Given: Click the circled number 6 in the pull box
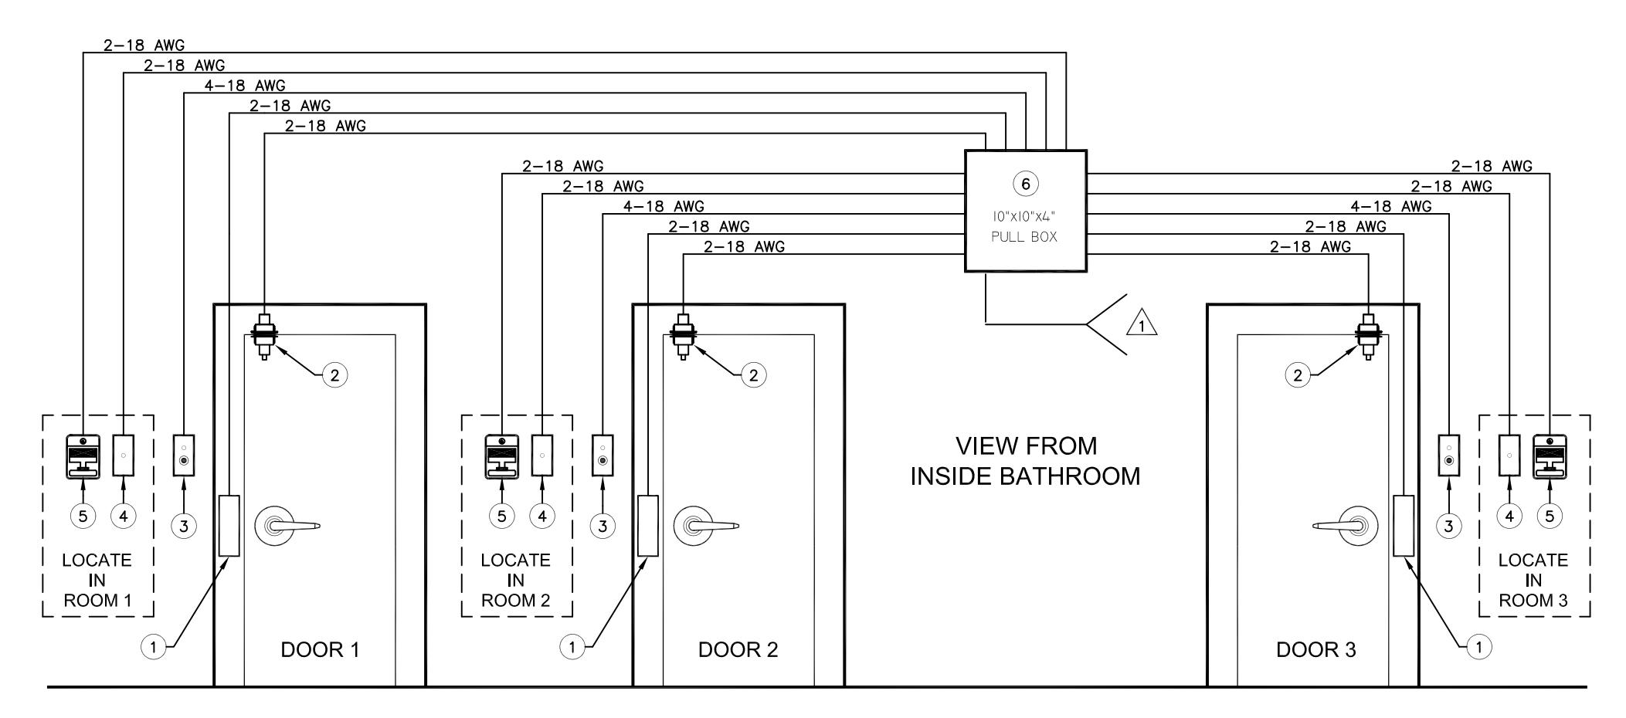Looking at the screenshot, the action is click(x=1025, y=184).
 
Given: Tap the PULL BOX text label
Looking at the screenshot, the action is click(x=1024, y=237).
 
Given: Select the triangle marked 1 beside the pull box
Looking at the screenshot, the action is click(x=1142, y=323).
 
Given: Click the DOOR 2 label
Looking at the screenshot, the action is click(x=738, y=649).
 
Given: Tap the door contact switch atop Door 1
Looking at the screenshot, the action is click(x=264, y=336).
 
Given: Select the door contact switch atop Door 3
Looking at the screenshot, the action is click(x=1368, y=336).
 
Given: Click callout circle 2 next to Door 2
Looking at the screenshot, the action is click(x=753, y=375).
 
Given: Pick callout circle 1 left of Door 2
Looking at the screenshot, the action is click(x=572, y=647).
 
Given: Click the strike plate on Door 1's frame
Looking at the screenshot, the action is click(x=229, y=526).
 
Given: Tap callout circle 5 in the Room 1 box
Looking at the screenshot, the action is click(x=83, y=516).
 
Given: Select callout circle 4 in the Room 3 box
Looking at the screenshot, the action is click(x=1509, y=516).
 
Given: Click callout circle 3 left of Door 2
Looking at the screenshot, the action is click(x=603, y=527).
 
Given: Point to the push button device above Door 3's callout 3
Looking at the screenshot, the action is click(x=1449, y=456).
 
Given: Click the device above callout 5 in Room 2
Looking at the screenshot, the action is click(x=502, y=457).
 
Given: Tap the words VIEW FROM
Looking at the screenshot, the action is click(x=1026, y=446).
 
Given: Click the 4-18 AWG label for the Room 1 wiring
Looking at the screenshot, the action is click(x=245, y=86).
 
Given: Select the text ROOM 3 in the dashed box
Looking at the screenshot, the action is click(x=1533, y=601).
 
